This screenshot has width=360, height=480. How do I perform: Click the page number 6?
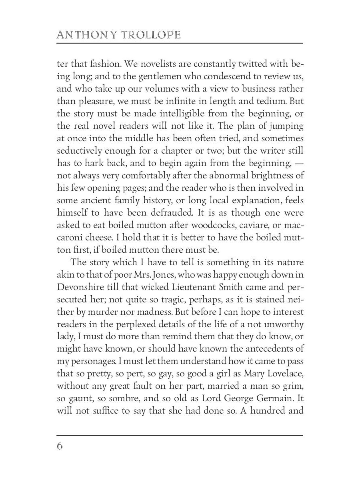pos(60,446)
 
